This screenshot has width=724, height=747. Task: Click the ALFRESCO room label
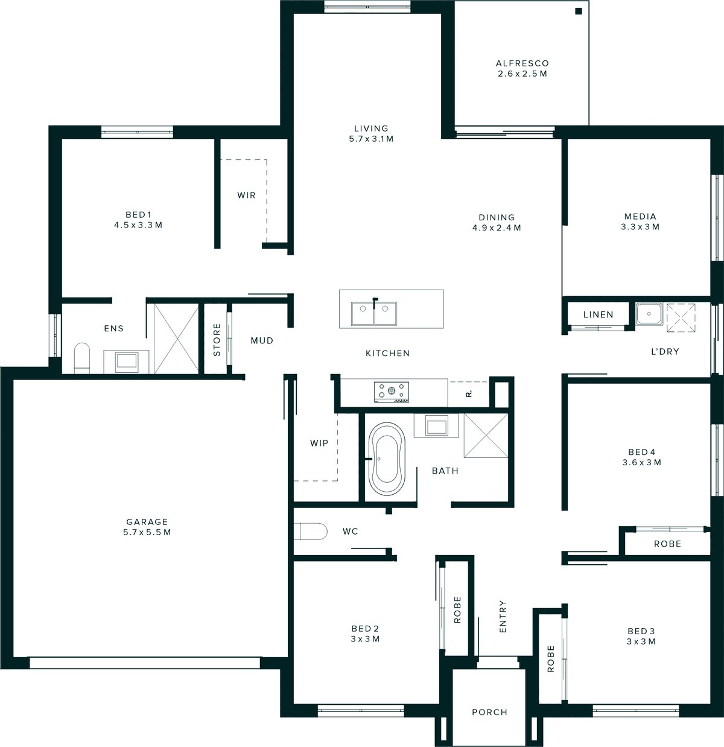tap(522, 63)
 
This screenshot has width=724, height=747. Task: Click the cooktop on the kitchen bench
tap(392, 392)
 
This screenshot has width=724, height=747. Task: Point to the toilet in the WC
tap(313, 532)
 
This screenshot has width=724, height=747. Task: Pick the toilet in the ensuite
tap(81, 358)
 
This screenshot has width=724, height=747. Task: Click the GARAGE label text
tap(147, 522)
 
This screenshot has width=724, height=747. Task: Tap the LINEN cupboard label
tap(599, 314)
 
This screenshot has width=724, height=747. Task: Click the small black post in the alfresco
tap(578, 11)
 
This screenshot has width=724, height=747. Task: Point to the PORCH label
tap(489, 712)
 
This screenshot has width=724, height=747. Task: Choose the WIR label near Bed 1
tap(246, 195)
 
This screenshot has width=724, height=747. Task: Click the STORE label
tap(217, 339)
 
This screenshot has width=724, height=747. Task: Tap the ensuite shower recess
tap(176, 339)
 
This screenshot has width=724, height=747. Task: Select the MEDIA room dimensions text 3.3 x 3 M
tap(640, 227)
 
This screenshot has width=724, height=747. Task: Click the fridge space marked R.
tap(468, 393)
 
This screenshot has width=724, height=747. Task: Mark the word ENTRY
tap(503, 616)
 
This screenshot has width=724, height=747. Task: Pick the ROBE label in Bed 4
tap(667, 544)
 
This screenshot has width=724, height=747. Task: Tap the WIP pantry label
tap(319, 443)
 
